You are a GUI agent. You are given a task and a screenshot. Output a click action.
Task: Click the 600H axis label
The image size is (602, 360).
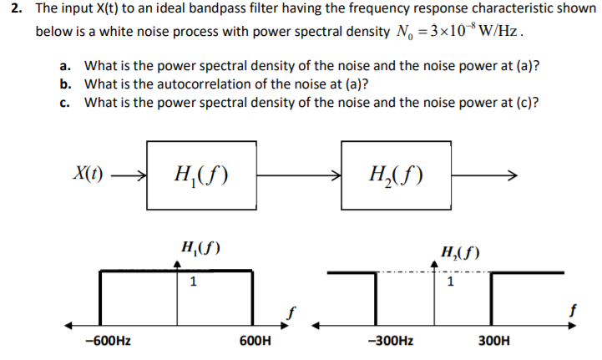(x=254, y=341)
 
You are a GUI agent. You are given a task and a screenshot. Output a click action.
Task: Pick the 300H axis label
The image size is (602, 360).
(x=495, y=341)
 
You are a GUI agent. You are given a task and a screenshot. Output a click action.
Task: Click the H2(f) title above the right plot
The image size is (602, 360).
(x=461, y=252)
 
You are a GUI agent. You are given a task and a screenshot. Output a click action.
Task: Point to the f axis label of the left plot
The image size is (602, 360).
(x=292, y=312)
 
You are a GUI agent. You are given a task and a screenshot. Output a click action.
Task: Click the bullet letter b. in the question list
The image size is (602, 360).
(x=65, y=84)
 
